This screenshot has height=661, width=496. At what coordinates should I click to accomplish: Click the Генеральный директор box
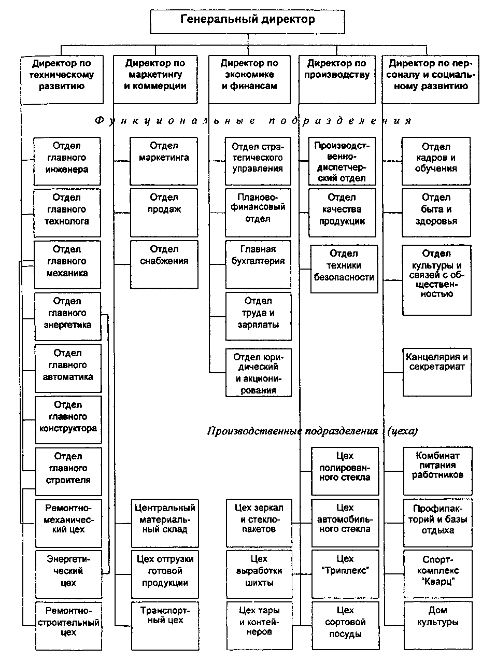[247, 21]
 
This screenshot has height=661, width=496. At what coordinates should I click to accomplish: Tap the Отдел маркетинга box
[163, 161]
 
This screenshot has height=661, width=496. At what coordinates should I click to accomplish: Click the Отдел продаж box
[163, 212]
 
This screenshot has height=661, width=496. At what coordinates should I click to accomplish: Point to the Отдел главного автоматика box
[68, 368]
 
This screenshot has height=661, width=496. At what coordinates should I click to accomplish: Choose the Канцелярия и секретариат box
[437, 372]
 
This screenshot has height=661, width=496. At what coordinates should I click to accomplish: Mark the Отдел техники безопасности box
[344, 269]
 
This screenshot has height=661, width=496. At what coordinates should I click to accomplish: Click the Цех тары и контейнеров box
[259, 626]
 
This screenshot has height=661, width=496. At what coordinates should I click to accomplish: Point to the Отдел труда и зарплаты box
[258, 316]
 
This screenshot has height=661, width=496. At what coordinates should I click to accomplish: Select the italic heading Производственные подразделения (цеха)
[312, 431]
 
